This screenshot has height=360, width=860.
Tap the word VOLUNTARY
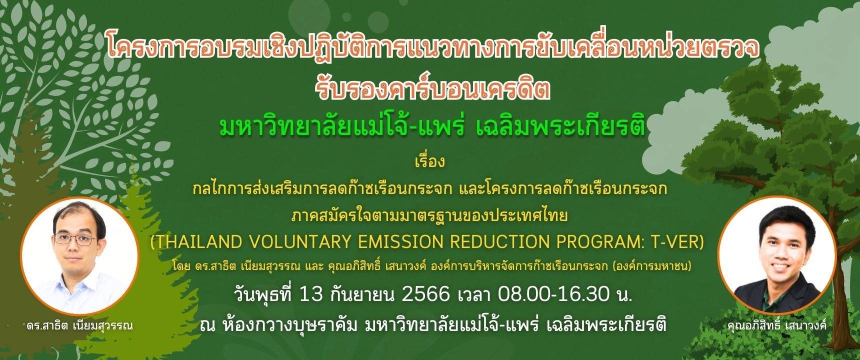pos(275,242)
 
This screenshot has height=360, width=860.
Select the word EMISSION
pos(359,242)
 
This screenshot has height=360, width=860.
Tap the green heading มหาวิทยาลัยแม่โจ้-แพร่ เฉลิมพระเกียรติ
pos(432,127)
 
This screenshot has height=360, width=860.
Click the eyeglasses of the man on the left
pos(75,239)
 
